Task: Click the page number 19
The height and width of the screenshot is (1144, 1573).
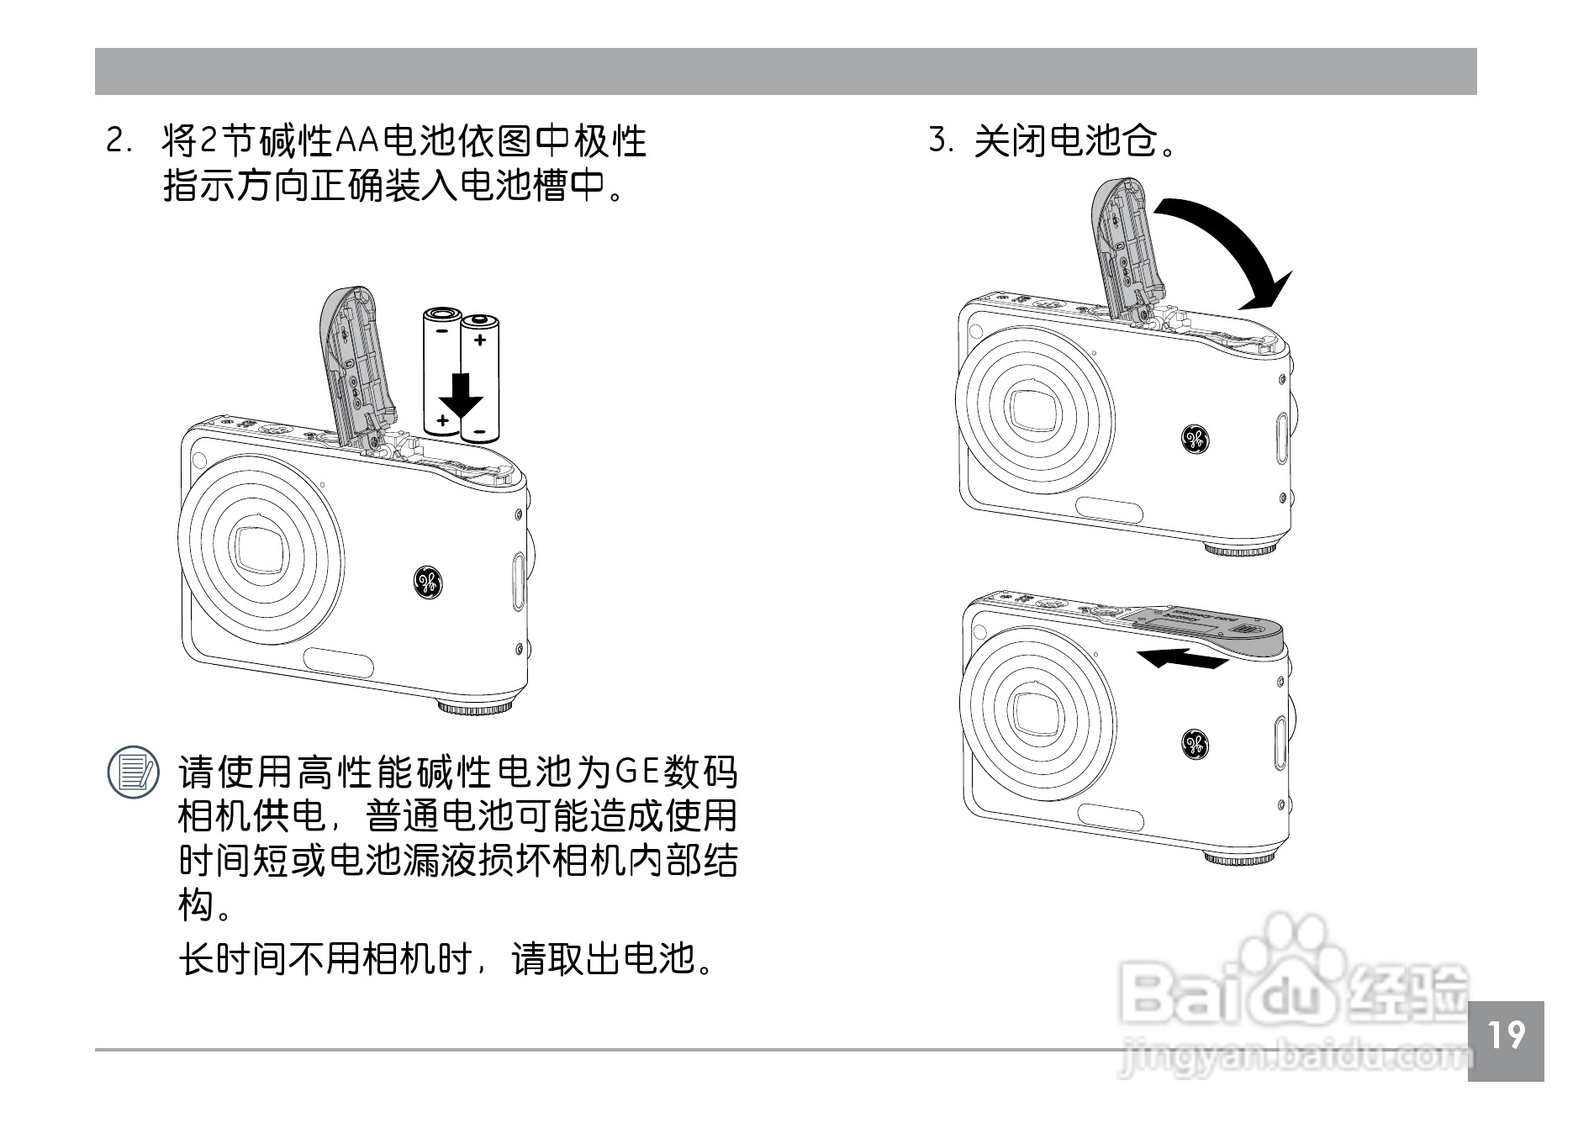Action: (x=1506, y=1036)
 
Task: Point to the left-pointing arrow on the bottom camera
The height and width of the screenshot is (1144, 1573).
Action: (x=1181, y=658)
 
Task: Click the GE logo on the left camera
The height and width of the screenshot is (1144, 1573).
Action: (x=428, y=583)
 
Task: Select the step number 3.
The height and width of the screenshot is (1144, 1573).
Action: (x=939, y=140)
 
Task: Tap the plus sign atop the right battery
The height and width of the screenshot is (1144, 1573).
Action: (x=480, y=340)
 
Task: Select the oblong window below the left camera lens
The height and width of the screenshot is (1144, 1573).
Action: (x=339, y=663)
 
